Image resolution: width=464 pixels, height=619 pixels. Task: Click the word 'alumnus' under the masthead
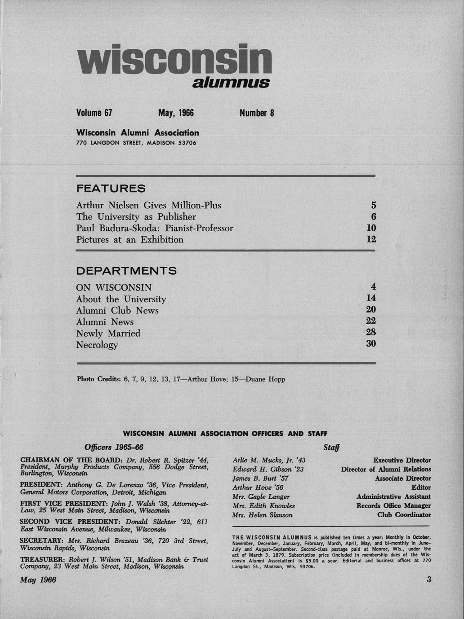point(231,83)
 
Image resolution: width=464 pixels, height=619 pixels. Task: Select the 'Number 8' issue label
point(256,113)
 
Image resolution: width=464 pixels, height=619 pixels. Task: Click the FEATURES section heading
point(111,189)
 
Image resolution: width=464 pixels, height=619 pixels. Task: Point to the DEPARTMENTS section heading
point(126,271)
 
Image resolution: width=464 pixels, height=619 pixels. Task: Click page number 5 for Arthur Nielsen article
point(373,206)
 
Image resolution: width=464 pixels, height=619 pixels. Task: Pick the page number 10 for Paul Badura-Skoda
point(371,228)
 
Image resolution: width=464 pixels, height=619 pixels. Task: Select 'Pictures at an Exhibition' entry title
point(129,240)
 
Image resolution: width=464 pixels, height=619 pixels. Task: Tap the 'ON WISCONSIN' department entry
point(114,288)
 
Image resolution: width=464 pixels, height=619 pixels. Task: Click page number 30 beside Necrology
point(371,344)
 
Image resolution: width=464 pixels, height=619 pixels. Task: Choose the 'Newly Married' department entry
point(108,334)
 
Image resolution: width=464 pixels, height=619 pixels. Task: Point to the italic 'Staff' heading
point(331,448)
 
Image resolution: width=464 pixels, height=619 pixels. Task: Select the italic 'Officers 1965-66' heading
point(114,448)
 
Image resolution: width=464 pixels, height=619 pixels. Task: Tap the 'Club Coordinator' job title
point(404,515)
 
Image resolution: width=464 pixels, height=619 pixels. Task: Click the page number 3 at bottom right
point(429,579)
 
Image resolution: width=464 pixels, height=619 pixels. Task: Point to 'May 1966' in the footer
point(38,580)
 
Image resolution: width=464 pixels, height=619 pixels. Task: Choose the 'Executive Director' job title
point(402,460)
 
